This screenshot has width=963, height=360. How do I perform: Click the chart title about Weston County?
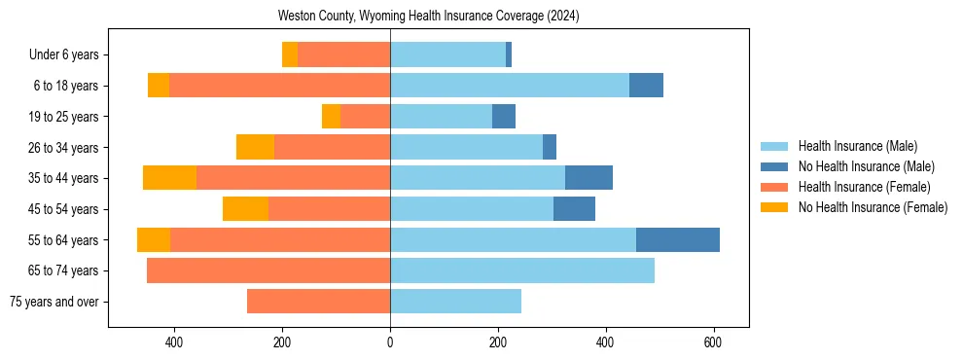428,16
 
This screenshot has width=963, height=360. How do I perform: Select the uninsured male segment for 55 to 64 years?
678,239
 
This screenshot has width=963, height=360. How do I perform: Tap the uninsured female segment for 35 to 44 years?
169,178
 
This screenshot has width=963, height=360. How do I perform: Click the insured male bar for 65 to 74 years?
522,270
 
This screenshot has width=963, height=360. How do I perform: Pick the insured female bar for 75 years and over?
318,302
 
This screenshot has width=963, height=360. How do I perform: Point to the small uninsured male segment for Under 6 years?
509,55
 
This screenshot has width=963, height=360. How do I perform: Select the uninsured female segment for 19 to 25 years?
331,117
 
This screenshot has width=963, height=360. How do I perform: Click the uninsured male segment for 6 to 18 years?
646,86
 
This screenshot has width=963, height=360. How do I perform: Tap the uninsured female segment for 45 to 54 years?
245,209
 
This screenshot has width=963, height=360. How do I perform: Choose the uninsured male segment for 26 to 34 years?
550,147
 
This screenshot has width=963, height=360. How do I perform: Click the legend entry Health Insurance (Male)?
857,146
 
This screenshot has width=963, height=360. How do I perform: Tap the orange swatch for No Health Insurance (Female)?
774,207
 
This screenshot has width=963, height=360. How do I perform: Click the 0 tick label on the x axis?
390,342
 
